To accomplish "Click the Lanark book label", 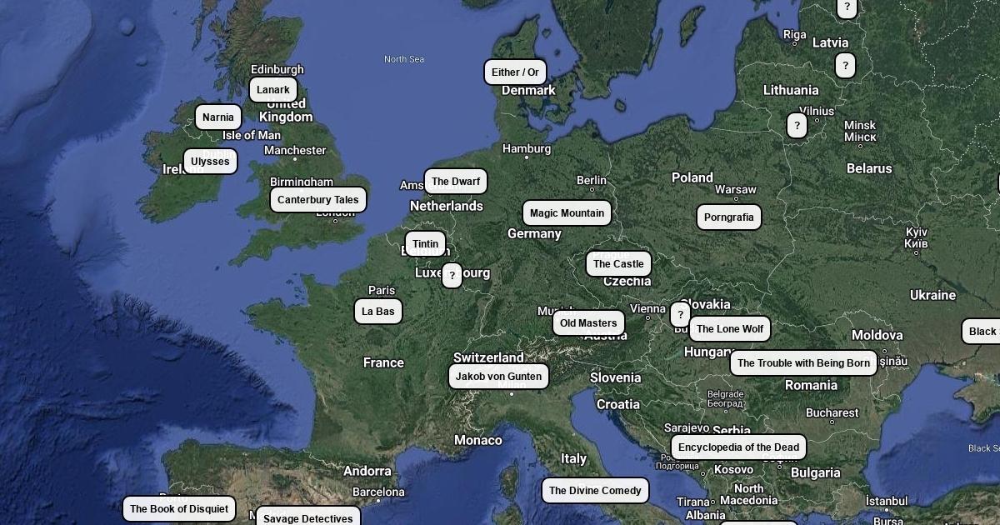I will pyautogui.click(x=273, y=90).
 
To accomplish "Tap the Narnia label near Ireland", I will pyautogui.click(x=218, y=117).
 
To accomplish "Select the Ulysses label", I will pyautogui.click(x=210, y=162).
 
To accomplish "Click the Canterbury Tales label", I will pyautogui.click(x=318, y=200).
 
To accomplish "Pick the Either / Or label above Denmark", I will pyautogui.click(x=515, y=72).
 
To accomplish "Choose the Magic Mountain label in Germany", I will pyautogui.click(x=567, y=213).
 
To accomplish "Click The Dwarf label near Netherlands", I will pyautogui.click(x=456, y=182).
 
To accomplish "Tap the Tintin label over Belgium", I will pyautogui.click(x=425, y=244).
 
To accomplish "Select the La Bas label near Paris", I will pyautogui.click(x=378, y=312).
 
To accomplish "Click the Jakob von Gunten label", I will pyautogui.click(x=498, y=377).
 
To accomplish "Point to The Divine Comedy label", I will pyautogui.click(x=595, y=491).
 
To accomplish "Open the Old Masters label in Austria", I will pyautogui.click(x=588, y=323).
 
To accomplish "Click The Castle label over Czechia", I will pyautogui.click(x=618, y=264).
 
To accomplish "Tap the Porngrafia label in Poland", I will pyautogui.click(x=728, y=217).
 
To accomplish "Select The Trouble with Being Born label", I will pyautogui.click(x=803, y=363).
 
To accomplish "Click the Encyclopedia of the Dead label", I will pyautogui.click(x=738, y=447).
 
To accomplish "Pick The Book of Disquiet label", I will pyautogui.click(x=179, y=509).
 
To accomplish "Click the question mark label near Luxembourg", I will pyautogui.click(x=452, y=276).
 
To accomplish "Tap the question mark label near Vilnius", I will pyautogui.click(x=797, y=126).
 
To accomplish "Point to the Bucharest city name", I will pyautogui.click(x=832, y=412).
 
